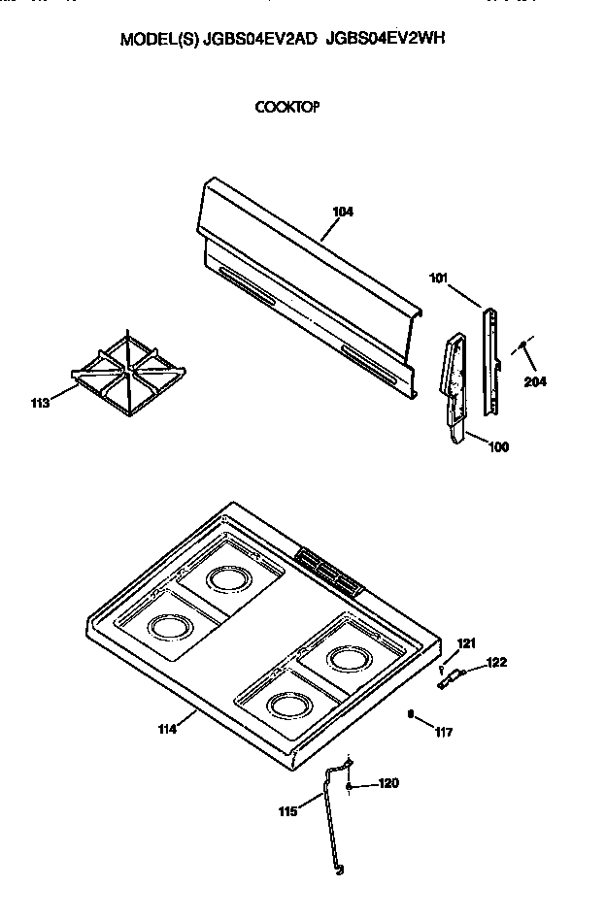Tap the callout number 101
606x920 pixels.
click(x=439, y=279)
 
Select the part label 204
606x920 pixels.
click(x=535, y=381)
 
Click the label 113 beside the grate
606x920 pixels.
click(x=42, y=404)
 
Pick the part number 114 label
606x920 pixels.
click(x=166, y=729)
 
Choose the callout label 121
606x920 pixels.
click(x=467, y=643)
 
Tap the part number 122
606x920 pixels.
click(x=496, y=663)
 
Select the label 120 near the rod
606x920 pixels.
click(x=387, y=783)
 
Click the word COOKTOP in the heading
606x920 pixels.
click(x=287, y=108)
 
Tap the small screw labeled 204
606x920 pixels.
click(x=522, y=345)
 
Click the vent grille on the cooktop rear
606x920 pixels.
click(x=328, y=570)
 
